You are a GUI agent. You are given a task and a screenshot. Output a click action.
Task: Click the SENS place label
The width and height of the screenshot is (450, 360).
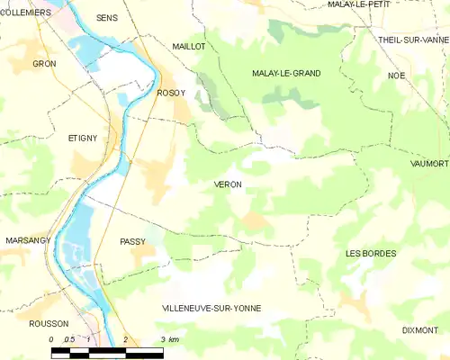(x=107, y=18)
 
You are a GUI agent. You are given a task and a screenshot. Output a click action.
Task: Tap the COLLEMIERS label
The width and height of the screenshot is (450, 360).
(x=25, y=13)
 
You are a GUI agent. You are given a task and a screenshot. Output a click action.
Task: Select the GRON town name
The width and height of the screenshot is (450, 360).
(x=44, y=64)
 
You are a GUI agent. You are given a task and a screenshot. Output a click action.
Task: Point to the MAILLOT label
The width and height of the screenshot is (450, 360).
(x=189, y=45)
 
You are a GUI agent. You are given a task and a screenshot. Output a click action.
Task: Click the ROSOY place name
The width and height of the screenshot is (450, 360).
(x=171, y=93)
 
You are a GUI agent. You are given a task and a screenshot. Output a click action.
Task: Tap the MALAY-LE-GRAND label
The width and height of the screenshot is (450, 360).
(x=286, y=74)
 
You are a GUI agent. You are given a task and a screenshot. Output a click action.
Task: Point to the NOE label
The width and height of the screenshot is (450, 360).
(x=397, y=76)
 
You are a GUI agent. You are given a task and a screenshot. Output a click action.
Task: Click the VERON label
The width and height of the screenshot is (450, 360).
(x=228, y=184)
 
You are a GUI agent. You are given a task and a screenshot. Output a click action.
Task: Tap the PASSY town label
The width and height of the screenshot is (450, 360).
(x=132, y=242)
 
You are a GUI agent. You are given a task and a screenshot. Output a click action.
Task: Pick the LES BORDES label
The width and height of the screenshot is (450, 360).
(x=371, y=254)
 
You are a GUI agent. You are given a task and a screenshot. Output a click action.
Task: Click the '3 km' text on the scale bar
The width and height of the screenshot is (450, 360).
(x=169, y=339)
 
